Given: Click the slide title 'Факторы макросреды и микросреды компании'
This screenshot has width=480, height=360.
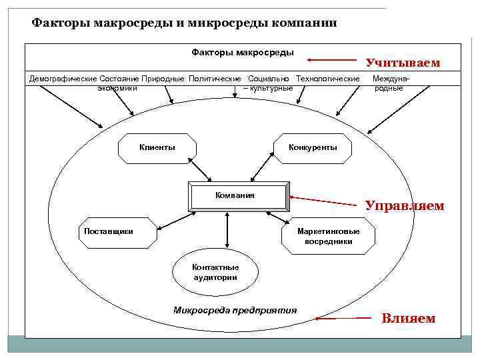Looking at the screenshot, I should click(x=185, y=23).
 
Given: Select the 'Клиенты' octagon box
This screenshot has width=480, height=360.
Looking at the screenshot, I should click(x=157, y=148).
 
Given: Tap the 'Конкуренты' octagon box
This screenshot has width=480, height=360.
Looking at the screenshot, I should click(x=312, y=148).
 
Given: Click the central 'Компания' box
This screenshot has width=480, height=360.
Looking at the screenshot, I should click(x=239, y=195).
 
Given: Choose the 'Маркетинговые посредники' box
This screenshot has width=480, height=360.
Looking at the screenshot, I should click(x=328, y=236).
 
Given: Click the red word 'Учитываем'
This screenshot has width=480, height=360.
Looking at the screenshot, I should click(x=403, y=63).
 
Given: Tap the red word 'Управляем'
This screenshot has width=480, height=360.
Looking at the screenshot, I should click(x=404, y=205).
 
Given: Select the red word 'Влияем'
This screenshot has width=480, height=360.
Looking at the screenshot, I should click(x=408, y=319).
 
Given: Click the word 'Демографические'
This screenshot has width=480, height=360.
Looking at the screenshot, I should click(x=63, y=79).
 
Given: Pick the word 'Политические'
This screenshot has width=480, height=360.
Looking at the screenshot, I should click(x=215, y=79).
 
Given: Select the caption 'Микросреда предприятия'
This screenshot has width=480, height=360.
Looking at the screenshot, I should click(x=235, y=310).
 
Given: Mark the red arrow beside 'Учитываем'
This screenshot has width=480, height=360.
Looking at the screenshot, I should click(x=339, y=59).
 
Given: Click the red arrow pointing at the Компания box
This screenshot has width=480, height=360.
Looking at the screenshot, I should click(x=326, y=200).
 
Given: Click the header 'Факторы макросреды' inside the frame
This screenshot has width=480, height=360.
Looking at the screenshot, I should click(x=243, y=52).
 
